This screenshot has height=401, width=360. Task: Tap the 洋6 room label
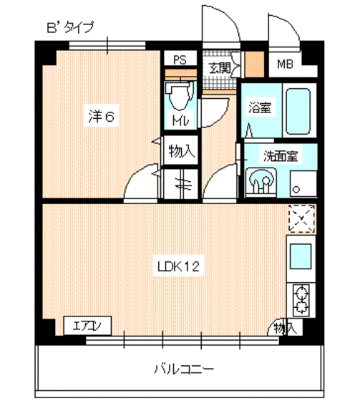[x=101, y=117]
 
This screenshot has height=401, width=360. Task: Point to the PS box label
[x=180, y=60]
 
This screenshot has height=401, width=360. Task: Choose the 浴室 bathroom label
[x=259, y=109]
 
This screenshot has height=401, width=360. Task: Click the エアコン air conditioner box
[x=87, y=327]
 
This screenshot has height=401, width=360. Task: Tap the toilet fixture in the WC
[x=178, y=96]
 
